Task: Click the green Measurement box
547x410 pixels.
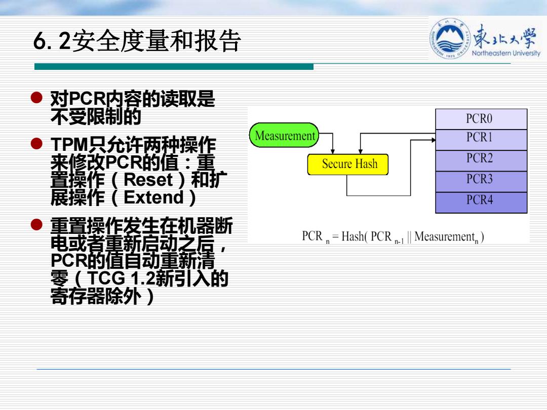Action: click(284, 135)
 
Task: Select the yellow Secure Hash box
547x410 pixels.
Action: click(348, 164)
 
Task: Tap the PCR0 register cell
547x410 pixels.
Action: click(481, 119)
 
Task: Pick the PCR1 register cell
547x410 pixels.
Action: click(481, 140)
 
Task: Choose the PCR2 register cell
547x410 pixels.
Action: click(481, 160)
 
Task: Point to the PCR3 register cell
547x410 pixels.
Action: click(481, 181)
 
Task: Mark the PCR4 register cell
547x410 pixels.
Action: click(481, 202)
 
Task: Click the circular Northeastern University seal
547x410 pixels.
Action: click(450, 38)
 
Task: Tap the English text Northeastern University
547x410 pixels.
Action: click(506, 53)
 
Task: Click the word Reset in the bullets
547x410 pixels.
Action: click(148, 180)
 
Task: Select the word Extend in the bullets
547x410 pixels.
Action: click(153, 197)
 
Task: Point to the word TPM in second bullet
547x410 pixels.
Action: click(69, 145)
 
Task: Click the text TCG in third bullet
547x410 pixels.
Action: click(106, 278)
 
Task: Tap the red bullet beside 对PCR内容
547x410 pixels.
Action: click(36, 98)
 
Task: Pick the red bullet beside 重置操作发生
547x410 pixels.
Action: click(36, 225)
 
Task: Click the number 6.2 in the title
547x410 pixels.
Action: click(53, 41)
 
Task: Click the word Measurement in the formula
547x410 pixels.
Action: click(445, 236)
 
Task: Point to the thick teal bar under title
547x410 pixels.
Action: click(174, 67)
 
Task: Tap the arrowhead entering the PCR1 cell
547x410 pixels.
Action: click(434, 140)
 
